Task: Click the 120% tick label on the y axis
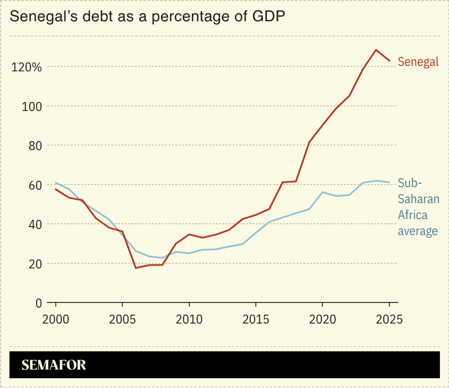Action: (x=26, y=67)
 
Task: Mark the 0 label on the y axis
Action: (x=38, y=303)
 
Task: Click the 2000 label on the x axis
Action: (x=55, y=319)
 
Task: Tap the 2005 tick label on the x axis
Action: (x=122, y=319)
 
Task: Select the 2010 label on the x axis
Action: (x=189, y=319)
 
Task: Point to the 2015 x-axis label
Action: (x=255, y=319)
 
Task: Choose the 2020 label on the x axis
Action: (x=322, y=319)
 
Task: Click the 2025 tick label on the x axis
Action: (x=389, y=319)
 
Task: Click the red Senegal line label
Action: (x=418, y=62)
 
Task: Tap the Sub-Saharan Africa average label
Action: (x=418, y=207)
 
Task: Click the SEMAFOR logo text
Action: (x=54, y=365)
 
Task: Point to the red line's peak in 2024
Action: (x=376, y=50)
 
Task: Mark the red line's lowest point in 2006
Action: (x=136, y=268)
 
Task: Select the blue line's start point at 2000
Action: (x=56, y=183)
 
